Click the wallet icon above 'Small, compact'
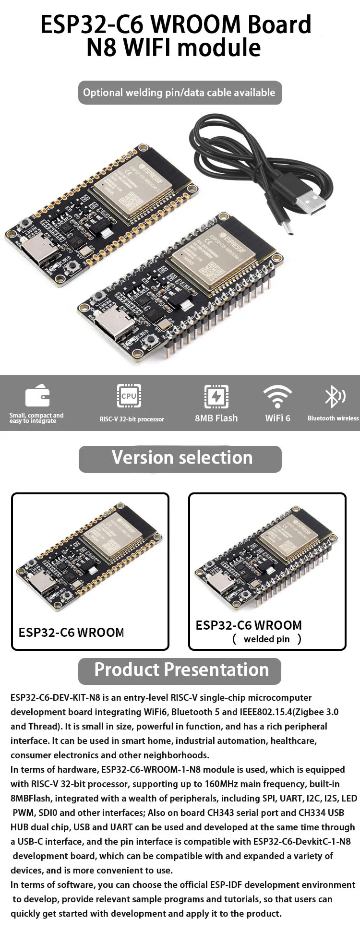click(37, 396)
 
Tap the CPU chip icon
click(129, 396)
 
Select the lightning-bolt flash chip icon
click(216, 396)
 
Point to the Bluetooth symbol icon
click(335, 396)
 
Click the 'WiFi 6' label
click(277, 418)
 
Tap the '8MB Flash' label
click(216, 418)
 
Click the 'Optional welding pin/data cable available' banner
click(180, 93)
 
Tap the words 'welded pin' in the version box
click(266, 639)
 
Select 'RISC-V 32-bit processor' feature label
click(132, 419)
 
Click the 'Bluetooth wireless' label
click(333, 418)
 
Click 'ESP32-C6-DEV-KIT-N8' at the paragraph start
click(55, 698)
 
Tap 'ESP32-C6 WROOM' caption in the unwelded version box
click(71, 633)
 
